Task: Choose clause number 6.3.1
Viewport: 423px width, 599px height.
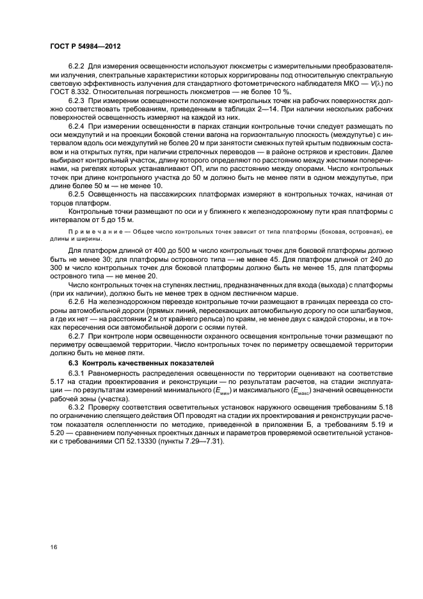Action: [x=78, y=372]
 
